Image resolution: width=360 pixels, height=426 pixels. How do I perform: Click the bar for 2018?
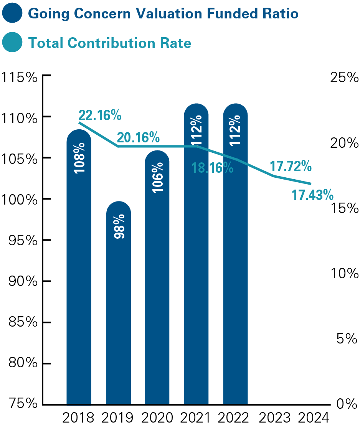tap(79, 269)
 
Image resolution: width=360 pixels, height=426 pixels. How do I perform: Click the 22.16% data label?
tap(100, 115)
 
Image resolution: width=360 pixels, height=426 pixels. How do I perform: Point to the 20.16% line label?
tap(138, 137)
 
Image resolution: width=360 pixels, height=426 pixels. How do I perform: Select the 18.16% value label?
tap(212, 168)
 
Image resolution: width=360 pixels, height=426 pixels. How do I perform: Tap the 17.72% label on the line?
tap(290, 167)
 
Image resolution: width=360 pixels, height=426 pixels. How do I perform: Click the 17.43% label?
tap(312, 195)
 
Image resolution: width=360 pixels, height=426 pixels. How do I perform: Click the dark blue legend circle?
tap(13, 14)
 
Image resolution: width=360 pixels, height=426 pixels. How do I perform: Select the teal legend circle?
tap(13, 43)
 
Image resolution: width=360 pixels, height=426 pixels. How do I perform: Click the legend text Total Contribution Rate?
tap(110, 43)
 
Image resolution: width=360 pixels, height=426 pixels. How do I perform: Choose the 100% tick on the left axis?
tap(20, 200)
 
